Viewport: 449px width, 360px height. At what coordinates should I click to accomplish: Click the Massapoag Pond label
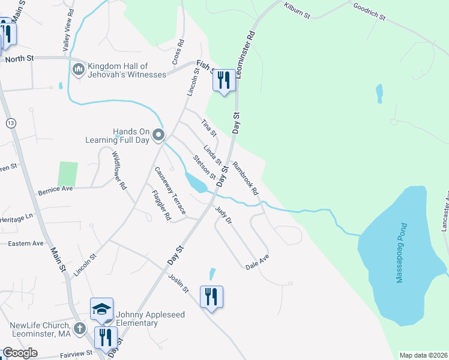401,262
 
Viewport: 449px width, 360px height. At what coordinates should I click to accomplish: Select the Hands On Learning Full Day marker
158,135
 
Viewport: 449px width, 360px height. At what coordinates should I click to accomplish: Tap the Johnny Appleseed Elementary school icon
101,310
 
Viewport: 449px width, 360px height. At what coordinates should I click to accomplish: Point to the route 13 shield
11,123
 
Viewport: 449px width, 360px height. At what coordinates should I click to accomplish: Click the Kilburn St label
298,11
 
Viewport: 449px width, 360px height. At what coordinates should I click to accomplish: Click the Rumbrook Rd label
245,179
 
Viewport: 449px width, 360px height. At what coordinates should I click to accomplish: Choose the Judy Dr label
223,215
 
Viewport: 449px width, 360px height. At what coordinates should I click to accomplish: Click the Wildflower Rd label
119,170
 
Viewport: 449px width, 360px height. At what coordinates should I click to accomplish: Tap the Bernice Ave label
55,188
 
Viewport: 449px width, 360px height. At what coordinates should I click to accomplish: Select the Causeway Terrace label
171,191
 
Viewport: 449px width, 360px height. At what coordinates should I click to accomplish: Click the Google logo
20,353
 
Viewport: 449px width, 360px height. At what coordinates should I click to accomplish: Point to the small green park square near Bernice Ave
68,174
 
